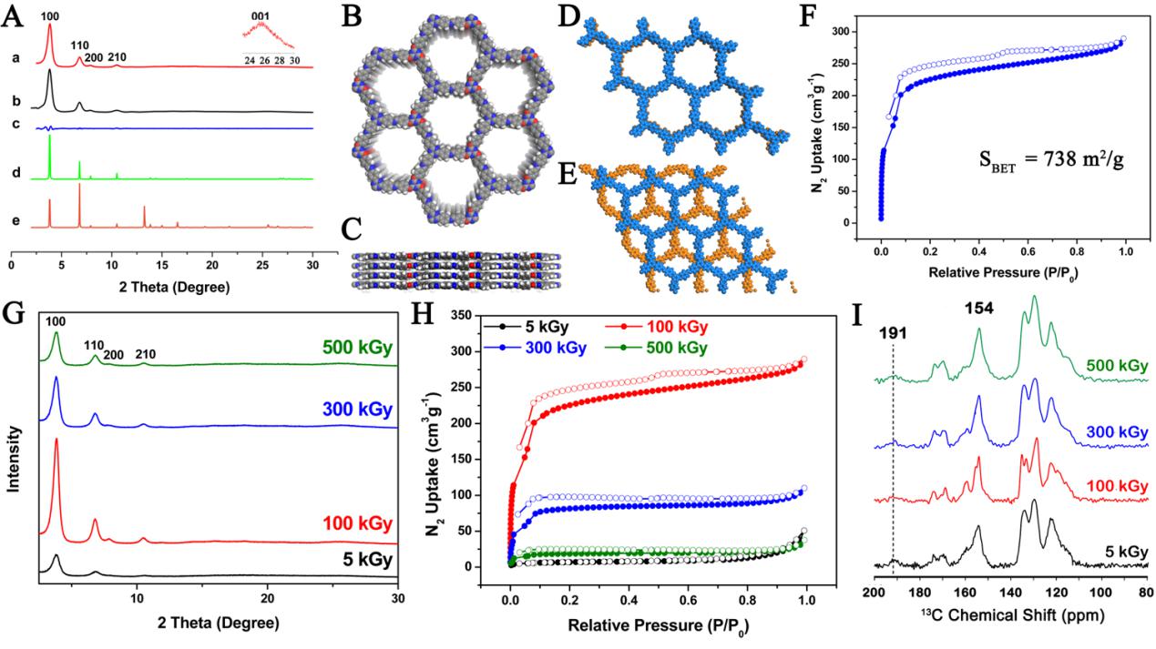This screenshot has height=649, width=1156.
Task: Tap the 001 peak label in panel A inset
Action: click(262, 14)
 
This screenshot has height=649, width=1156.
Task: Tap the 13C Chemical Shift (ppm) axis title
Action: click(1008, 615)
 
